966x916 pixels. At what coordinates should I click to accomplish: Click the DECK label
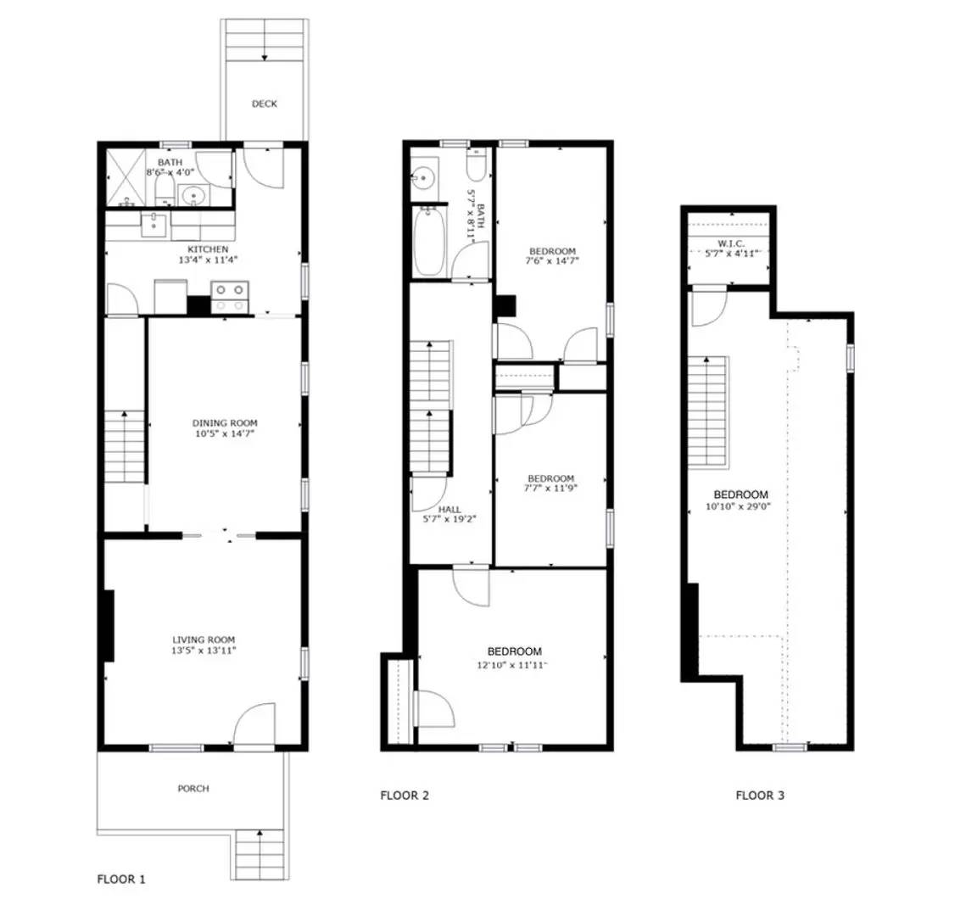[264, 103]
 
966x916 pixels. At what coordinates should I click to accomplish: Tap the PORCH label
[193, 789]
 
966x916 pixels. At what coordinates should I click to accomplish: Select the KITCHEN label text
[208, 249]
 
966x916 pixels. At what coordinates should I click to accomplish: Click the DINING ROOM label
[224, 423]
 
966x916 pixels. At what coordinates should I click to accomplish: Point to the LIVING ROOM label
[204, 640]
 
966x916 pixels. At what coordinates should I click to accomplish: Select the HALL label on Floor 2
[449, 509]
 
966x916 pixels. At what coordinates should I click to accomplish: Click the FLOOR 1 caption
[122, 880]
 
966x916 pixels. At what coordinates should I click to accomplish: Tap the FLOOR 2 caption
[405, 796]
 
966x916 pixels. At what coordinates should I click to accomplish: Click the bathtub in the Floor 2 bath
[428, 243]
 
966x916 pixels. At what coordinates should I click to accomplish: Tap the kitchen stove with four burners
[230, 297]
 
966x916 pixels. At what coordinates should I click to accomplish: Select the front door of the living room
[254, 728]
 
